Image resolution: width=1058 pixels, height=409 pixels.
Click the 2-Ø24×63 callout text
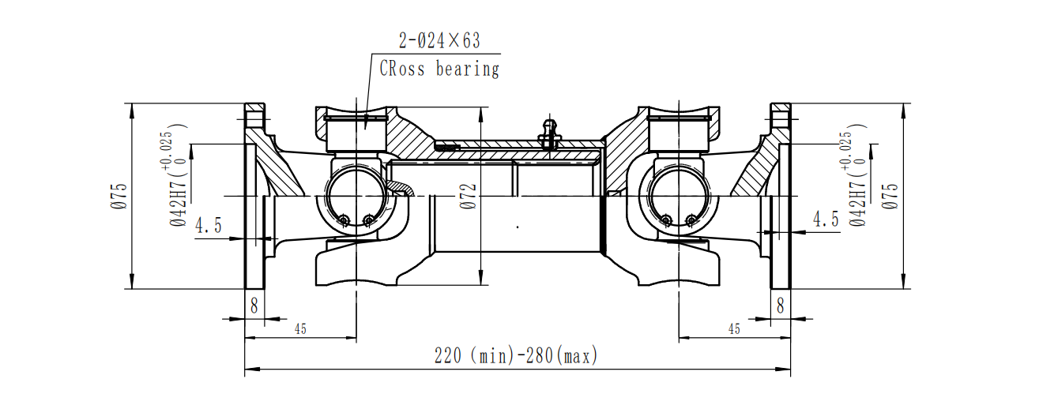point(438,39)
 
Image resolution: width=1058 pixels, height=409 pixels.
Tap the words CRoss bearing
point(439,69)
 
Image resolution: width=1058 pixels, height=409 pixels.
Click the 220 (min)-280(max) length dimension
point(516,356)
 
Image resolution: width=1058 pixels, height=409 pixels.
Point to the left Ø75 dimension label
point(119,196)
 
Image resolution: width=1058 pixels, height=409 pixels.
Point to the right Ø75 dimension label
point(891,196)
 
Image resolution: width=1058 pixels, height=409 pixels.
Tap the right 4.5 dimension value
point(825,220)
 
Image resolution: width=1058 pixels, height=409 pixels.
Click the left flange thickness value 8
point(254,306)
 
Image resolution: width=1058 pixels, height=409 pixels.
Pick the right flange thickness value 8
point(780,306)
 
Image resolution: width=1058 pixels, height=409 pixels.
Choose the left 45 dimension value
point(300,329)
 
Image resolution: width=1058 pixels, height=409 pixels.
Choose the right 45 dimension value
point(734,329)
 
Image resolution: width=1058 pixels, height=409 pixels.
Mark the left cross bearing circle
point(355,197)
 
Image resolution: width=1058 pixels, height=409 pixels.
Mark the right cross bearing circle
point(677,197)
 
